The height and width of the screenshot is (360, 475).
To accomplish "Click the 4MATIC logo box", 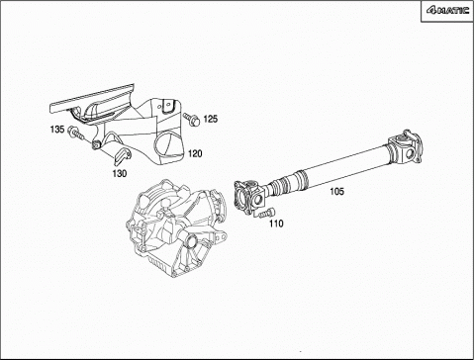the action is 447,11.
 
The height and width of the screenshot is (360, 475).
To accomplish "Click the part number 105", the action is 336,191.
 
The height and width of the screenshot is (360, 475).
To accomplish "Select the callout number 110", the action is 276,224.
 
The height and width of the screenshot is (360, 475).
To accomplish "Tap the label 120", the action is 195,153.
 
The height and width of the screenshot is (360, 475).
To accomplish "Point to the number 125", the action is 211,119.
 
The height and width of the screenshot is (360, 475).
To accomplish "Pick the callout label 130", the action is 120,173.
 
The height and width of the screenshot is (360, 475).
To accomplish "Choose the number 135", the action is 57,130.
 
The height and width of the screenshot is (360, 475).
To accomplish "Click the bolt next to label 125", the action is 192,119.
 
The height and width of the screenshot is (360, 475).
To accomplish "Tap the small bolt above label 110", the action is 265,213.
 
